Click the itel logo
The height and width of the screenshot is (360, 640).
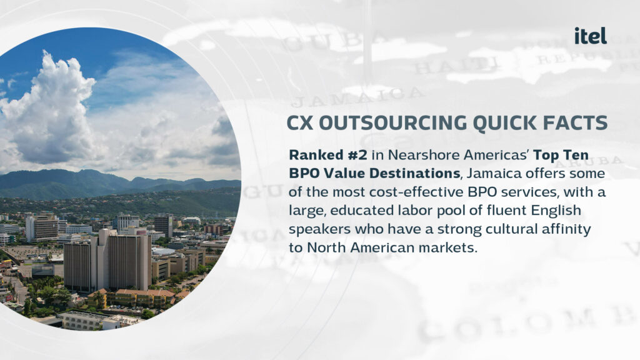click(x=590, y=36)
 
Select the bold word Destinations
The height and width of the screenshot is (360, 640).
click(x=415, y=174)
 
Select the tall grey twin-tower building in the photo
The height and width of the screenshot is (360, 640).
click(x=107, y=261)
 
